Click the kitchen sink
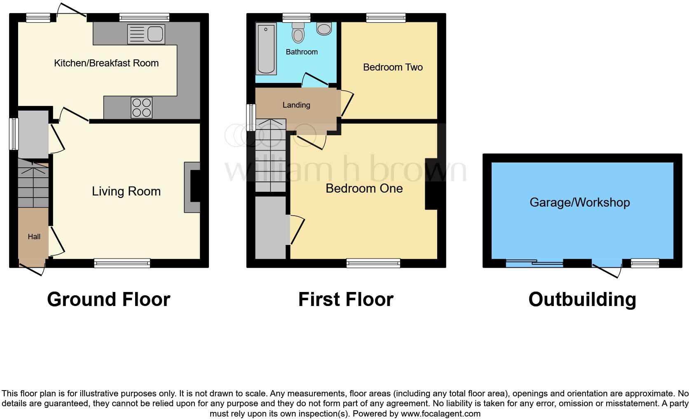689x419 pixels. click(146, 34)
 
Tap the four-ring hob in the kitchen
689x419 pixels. click(141, 107)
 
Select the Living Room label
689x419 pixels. click(126, 191)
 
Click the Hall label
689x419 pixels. click(34, 237)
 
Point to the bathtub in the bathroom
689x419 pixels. click(266, 49)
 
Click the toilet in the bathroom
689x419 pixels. click(298, 32)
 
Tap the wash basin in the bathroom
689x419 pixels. click(324, 28)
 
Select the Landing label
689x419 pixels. click(296, 105)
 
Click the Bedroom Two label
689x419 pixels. click(393, 67)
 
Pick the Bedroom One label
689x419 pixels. click(364, 188)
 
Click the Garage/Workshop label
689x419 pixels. click(579, 202)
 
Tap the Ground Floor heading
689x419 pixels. click(108, 299)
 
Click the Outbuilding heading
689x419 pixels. click(582, 299)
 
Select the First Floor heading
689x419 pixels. click(346, 299)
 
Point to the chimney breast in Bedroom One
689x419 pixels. click(431, 184)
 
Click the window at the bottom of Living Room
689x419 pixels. click(122, 263)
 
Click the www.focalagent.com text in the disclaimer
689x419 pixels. click(441, 413)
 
